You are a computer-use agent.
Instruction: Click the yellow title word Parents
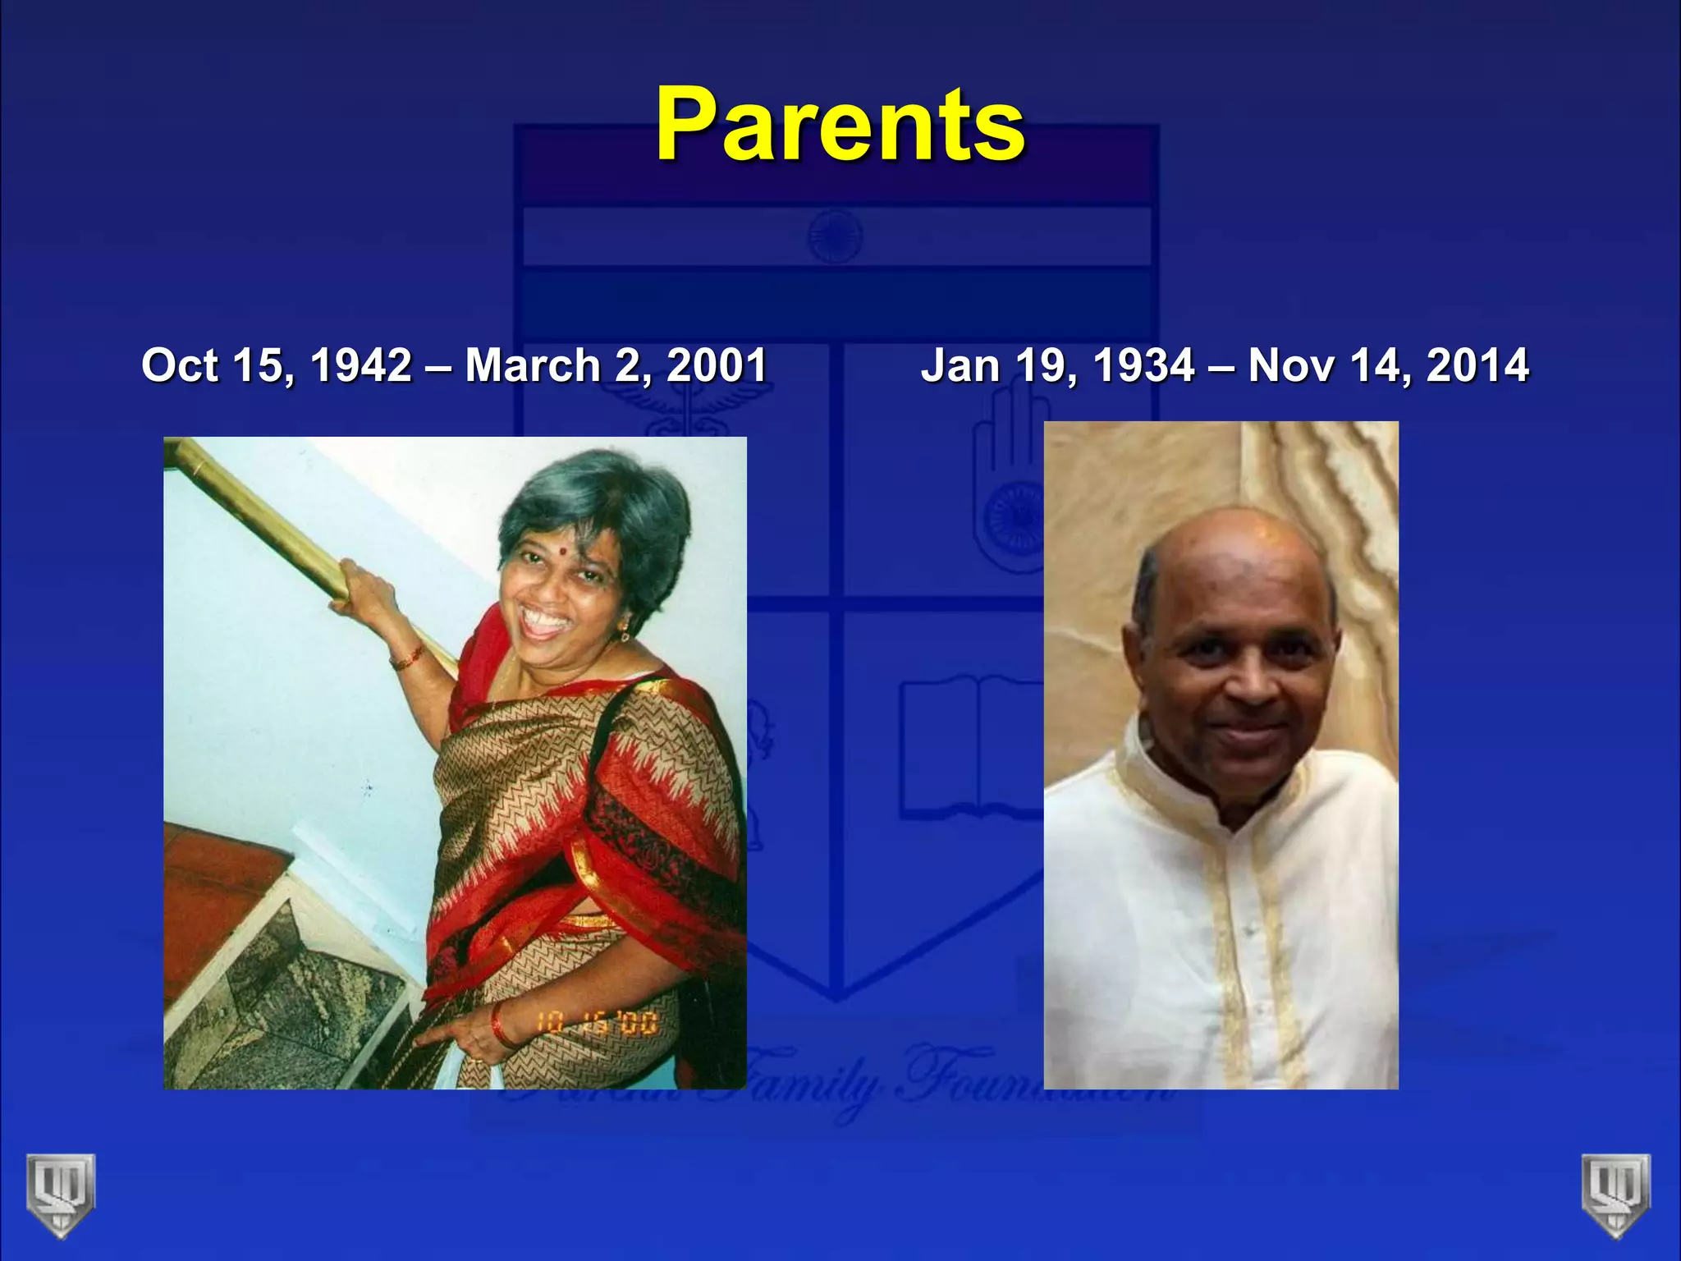tap(840, 125)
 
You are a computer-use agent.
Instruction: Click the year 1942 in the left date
tap(361, 365)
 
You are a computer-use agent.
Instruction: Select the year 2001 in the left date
tap(717, 365)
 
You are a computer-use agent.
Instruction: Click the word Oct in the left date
tap(178, 365)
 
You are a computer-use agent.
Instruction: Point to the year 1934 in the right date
tap(1144, 365)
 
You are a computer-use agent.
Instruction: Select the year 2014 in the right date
tap(1477, 365)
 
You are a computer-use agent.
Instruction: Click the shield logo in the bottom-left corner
tap(60, 1195)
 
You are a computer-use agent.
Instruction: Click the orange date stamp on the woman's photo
tap(597, 1023)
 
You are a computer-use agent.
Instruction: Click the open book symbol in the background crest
tap(969, 747)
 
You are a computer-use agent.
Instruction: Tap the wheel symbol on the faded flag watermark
tap(835, 236)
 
